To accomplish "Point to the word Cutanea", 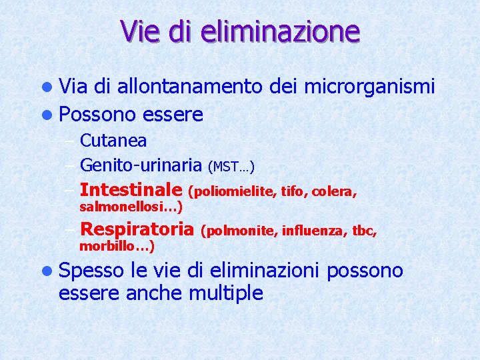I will tap(113, 141).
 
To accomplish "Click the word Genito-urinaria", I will tap(141, 164).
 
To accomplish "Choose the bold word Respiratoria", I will tap(136, 230).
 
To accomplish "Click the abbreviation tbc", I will tap(365, 232).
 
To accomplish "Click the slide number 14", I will tap(435, 341).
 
